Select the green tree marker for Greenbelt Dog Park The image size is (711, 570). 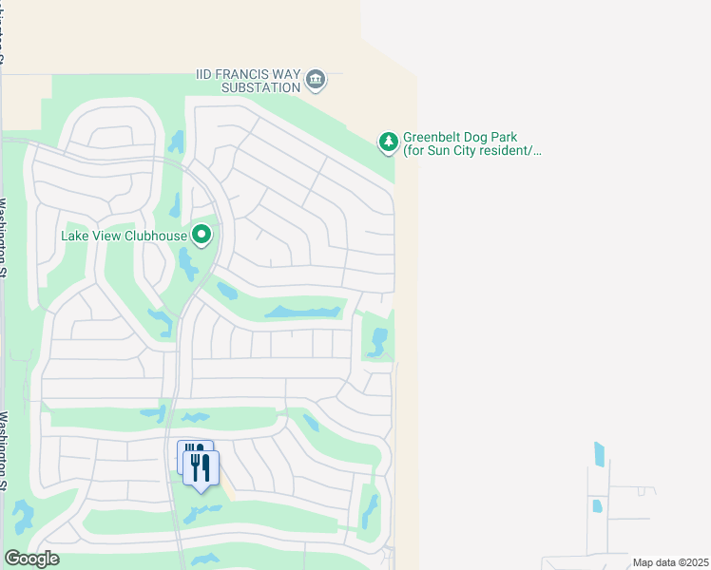click(x=388, y=142)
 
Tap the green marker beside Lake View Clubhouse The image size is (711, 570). click(x=202, y=234)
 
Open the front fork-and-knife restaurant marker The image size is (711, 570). click(x=201, y=468)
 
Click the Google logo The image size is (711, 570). click(x=31, y=559)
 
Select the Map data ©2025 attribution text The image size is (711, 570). click(x=669, y=562)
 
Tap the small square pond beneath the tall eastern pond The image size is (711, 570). click(x=597, y=505)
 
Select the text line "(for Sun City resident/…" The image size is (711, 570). click(x=471, y=151)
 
